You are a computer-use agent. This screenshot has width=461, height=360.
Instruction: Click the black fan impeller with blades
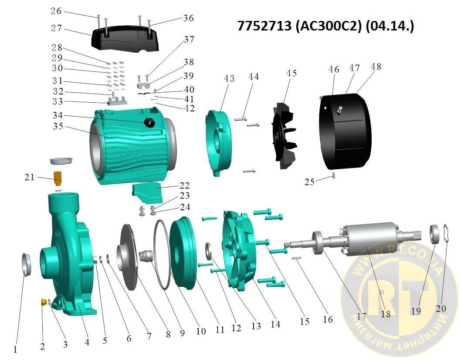point(284,136)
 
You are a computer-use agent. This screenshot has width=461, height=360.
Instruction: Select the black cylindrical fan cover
point(346,131)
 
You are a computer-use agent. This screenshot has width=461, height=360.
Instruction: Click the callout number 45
point(292,73)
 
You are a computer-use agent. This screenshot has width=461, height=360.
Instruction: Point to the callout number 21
point(29,177)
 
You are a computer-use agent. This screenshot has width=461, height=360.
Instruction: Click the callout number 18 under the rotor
point(386,314)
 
